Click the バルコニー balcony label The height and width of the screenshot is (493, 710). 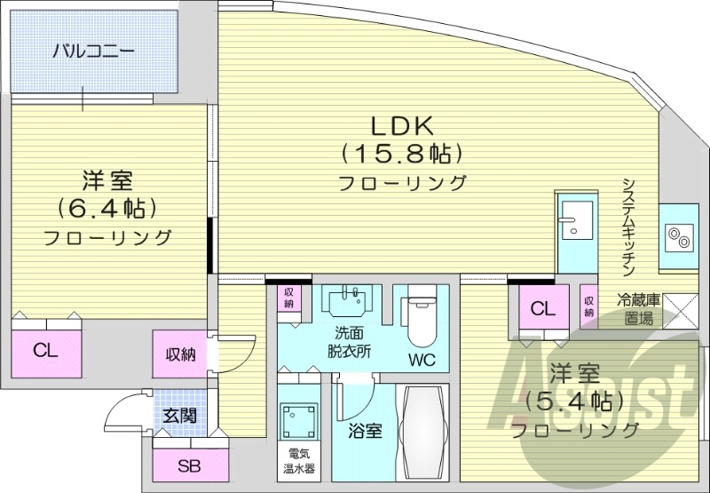click(93, 50)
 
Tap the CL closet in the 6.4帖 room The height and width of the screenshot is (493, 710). click(46, 350)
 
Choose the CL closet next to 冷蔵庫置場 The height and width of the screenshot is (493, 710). click(543, 308)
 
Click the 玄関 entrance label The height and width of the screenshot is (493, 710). click(180, 416)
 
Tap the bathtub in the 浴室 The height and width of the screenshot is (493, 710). click(424, 433)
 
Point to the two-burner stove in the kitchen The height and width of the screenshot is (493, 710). click(681, 237)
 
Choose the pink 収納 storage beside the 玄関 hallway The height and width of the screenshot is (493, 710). click(180, 355)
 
